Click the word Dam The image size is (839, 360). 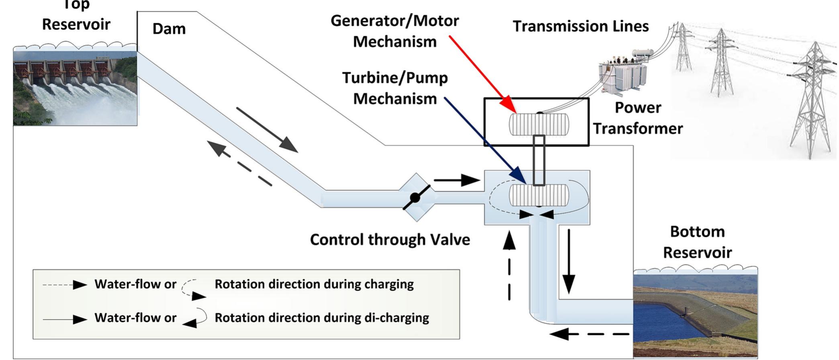[169, 29]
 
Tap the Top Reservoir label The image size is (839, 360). [76, 16]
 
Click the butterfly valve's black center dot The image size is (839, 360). [415, 198]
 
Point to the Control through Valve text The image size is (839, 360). [390, 240]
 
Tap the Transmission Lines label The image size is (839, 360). [581, 27]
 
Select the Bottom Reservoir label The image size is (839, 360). [697, 242]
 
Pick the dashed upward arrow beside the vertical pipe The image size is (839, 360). [510, 265]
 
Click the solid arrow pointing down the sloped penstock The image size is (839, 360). [267, 130]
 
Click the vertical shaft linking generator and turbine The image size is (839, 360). [539, 160]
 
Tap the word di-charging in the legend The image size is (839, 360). [398, 318]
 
